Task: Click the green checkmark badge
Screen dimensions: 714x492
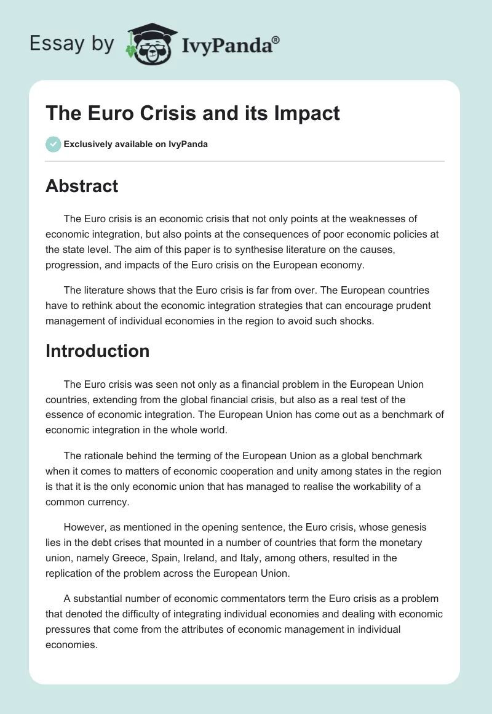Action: (x=53, y=144)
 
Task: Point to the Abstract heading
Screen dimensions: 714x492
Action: (x=82, y=186)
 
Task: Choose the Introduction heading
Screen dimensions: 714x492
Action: (x=98, y=351)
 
